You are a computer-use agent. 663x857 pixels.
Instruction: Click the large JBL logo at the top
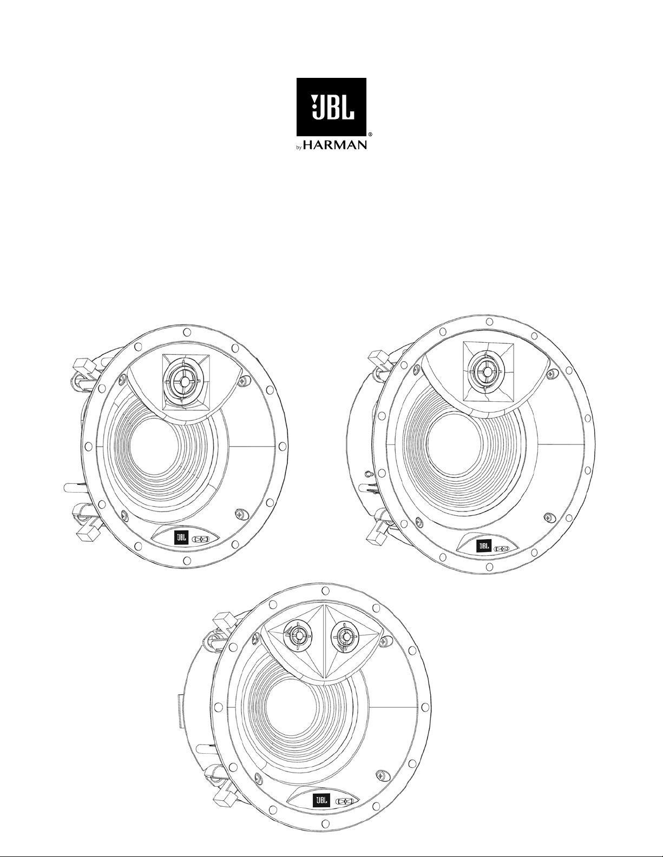331,107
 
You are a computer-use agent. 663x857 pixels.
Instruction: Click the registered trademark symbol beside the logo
370,135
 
